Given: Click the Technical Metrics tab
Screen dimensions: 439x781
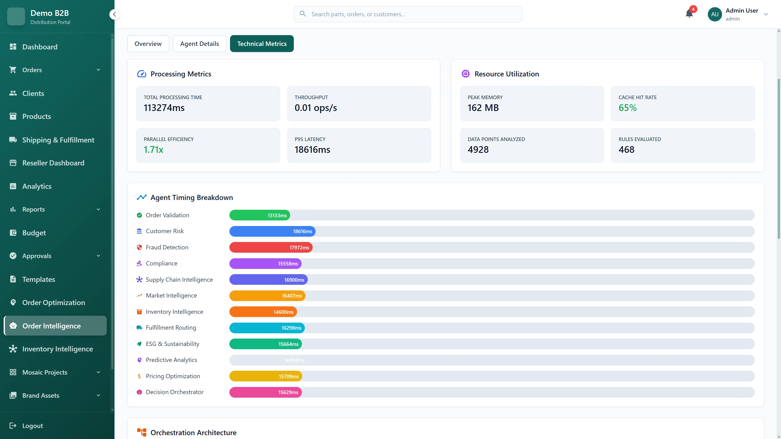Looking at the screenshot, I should tap(262, 44).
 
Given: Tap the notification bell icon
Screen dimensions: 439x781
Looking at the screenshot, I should tap(689, 14).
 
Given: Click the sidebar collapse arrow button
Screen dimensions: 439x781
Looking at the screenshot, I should tap(114, 14).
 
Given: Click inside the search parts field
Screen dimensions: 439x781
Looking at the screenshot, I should tap(408, 14).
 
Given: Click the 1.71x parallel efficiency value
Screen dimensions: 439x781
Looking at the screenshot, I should tap(153, 150).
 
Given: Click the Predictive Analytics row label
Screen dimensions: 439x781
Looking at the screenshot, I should tap(171, 360).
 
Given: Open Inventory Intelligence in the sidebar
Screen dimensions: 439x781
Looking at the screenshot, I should tap(57, 349).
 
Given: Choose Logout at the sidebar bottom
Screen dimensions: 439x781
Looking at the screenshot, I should tap(33, 426).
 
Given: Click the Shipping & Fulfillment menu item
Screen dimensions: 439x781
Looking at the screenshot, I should tap(58, 140).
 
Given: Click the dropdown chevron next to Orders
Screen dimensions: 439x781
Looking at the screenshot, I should tap(98, 70).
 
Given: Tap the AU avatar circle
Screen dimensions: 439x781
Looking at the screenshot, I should tap(715, 14).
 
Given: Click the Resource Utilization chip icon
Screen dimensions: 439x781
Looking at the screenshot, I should tap(465, 74).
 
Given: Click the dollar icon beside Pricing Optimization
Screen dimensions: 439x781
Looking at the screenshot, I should tap(139, 376).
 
